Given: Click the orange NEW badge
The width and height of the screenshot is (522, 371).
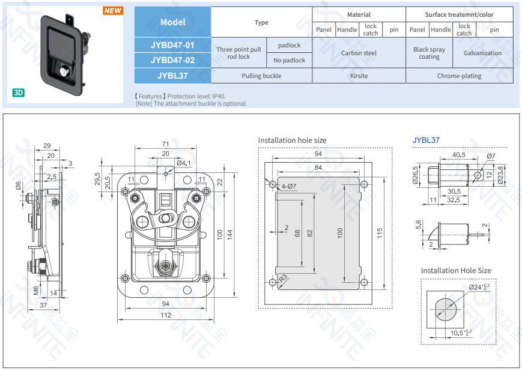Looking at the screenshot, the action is click(113, 11).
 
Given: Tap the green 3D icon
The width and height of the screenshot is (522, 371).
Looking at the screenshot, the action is click(18, 92).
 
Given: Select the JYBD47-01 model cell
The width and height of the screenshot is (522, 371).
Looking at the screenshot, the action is click(172, 45).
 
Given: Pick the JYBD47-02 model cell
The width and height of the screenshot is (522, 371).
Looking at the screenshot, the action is click(172, 60).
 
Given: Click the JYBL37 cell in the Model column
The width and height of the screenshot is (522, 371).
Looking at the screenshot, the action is click(172, 76).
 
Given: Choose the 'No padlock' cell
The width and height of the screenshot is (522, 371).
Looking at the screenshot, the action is click(290, 60).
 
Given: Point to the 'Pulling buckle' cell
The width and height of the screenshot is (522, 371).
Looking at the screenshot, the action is click(262, 76).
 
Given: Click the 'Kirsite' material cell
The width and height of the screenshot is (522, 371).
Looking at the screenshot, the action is click(359, 76).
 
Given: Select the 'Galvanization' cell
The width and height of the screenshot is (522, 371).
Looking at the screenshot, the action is click(483, 53).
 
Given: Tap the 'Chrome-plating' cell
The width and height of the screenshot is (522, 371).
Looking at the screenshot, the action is click(460, 76).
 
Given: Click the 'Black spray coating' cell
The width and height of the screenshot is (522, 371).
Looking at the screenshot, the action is click(429, 53).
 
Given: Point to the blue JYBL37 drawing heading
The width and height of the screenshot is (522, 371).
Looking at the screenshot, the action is click(426, 140).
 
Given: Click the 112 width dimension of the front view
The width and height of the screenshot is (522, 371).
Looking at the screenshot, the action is click(165, 315).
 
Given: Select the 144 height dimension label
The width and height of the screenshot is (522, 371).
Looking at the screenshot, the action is click(229, 235).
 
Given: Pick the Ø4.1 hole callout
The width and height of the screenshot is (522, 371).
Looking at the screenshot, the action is click(184, 163).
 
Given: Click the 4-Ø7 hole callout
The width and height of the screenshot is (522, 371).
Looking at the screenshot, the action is click(288, 186).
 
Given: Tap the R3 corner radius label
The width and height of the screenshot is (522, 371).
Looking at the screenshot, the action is click(283, 278).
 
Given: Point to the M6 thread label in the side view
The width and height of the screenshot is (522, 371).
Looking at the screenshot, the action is click(36, 290).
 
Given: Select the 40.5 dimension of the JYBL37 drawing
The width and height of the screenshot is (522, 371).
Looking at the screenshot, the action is click(459, 155).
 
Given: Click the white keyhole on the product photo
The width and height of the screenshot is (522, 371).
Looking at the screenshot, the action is click(63, 71).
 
